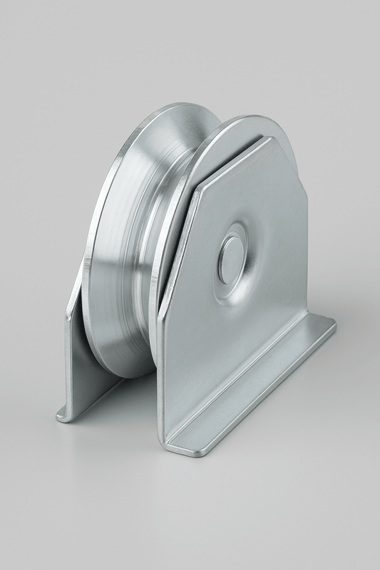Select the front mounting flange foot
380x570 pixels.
(x=250, y=399)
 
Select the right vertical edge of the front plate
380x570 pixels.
(x=307, y=249)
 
